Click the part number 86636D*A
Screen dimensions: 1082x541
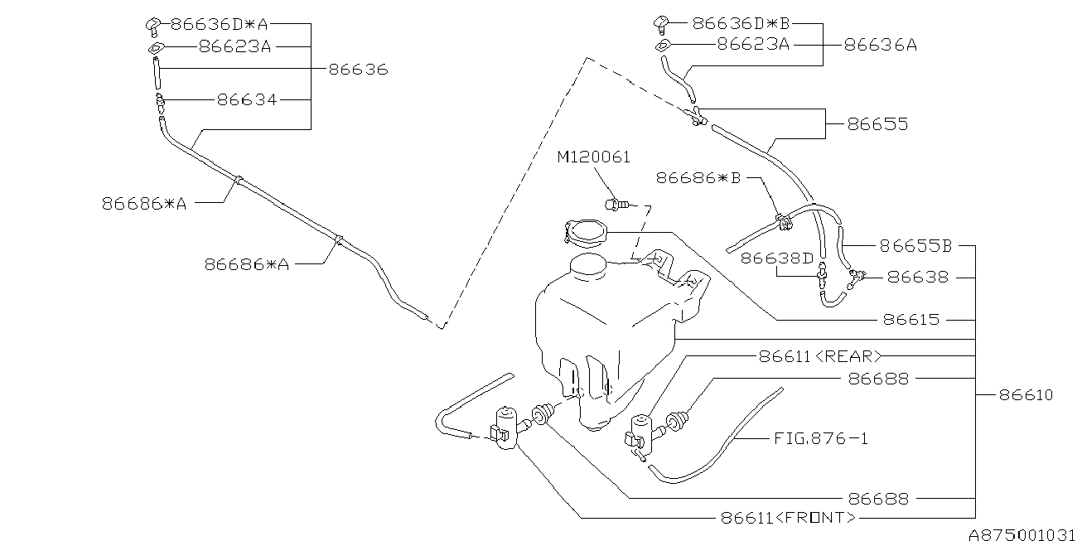pos(220,24)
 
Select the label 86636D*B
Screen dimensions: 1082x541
pos(741,23)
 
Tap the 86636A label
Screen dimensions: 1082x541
pos(881,45)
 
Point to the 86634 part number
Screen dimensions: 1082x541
pos(247,99)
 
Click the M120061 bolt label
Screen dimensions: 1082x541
pos(594,157)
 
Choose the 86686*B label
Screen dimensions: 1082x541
pos(698,178)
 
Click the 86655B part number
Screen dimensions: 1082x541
pos(915,246)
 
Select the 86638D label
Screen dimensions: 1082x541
pos(777,258)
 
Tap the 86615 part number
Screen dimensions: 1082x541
pos(911,319)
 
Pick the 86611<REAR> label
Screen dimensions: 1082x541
pos(820,356)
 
